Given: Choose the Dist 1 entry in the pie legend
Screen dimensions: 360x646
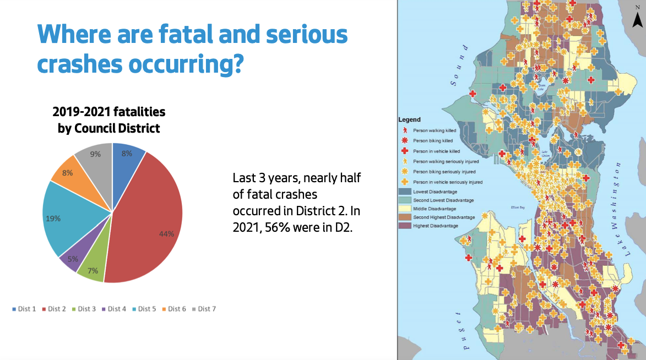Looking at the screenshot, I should (24, 309).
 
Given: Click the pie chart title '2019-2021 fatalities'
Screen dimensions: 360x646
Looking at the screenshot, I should (109, 112).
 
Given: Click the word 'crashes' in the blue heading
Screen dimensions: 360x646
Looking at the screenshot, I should (80, 64).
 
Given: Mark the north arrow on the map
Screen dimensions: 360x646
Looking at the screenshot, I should (637, 19).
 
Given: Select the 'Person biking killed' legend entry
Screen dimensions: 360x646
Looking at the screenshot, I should (433, 140).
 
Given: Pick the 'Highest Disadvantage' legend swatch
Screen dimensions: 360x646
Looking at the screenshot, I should (405, 226).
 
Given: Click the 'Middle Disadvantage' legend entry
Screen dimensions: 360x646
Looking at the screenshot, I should (435, 209).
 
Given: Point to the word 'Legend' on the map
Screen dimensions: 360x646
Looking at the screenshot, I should (409, 119).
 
